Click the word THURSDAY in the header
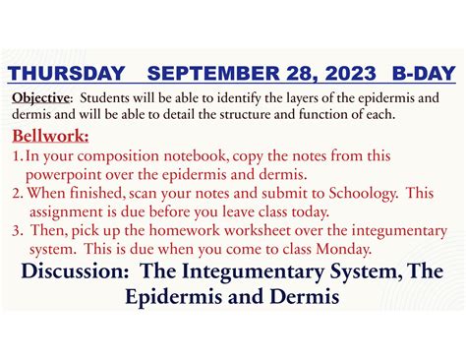tap(68, 73)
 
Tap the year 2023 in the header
tap(349, 73)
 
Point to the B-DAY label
tap(422, 73)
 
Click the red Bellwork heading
tap(50, 135)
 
